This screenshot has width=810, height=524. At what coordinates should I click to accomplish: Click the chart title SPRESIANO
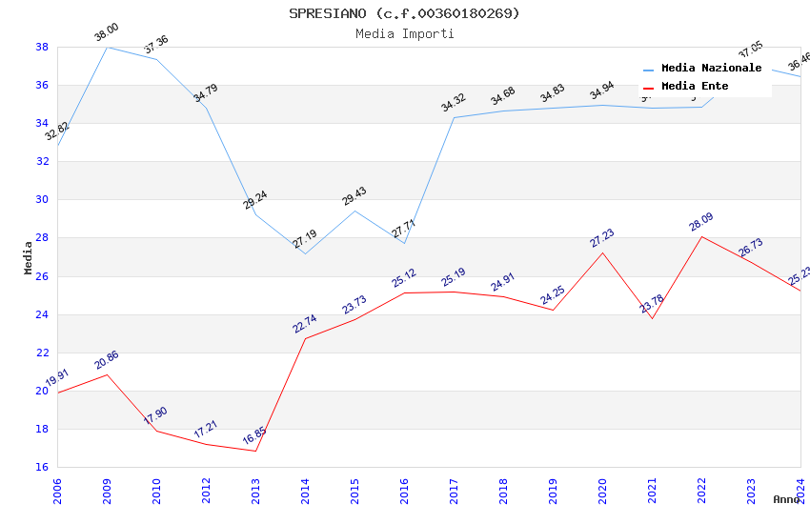[404, 13]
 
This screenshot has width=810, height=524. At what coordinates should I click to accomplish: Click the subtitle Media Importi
[404, 33]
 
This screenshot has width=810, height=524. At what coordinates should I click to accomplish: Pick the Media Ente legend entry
[695, 87]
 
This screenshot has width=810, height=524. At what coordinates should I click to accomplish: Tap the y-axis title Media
[29, 257]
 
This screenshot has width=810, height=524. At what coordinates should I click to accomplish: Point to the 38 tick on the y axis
[42, 47]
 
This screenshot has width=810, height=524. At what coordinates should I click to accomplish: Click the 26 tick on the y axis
[42, 276]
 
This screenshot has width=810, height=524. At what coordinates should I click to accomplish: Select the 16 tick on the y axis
[42, 467]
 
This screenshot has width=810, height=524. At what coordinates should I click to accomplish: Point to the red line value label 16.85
[254, 436]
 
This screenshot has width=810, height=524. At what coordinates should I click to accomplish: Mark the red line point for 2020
[602, 252]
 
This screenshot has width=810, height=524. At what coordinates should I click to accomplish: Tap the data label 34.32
[454, 103]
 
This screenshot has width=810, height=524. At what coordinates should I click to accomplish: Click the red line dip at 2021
[652, 318]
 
